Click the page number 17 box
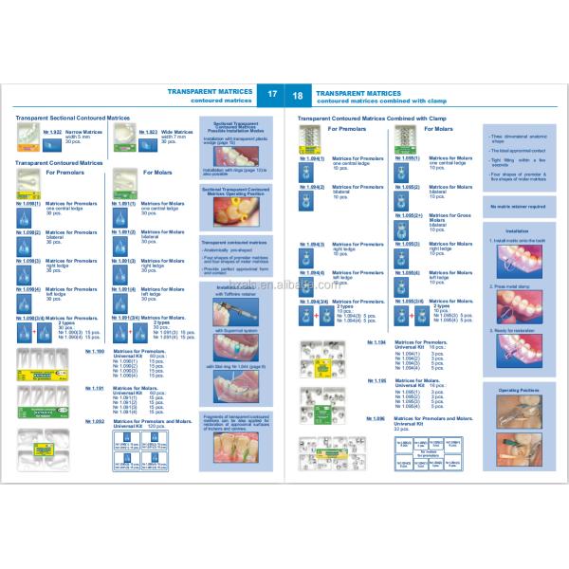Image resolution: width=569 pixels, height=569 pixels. coord(272,96)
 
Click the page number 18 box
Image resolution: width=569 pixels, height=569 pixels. coord(297,96)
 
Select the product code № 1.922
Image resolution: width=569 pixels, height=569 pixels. coord(54,133)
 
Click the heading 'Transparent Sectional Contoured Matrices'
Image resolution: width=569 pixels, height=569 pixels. coord(72,118)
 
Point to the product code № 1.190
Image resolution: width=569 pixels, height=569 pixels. coord(95,351)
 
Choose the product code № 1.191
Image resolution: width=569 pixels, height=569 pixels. coord(95,387)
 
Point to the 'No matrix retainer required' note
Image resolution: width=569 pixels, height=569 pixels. coord(513,205)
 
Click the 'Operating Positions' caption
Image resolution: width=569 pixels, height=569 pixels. coord(513,389)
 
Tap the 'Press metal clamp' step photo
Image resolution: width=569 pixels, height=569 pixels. coord(513,303)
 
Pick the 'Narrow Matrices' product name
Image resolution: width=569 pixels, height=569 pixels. coord(83,133)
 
